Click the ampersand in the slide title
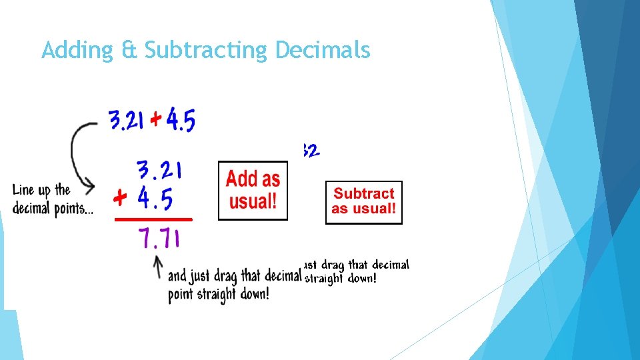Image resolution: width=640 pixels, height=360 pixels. [129, 51]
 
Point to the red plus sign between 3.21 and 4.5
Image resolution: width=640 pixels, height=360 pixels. [155, 121]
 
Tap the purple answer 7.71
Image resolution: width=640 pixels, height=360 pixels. [159, 238]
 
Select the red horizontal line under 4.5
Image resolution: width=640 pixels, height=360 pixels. [153, 219]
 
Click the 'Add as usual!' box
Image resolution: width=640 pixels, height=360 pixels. [253, 190]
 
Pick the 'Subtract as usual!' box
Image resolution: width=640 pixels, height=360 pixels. [364, 202]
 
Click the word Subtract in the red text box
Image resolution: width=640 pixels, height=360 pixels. [364, 194]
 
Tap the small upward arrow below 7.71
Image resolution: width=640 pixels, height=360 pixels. [158, 268]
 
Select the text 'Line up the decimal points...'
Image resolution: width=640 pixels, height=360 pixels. [52, 199]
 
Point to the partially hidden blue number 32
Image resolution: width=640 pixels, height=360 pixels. [311, 151]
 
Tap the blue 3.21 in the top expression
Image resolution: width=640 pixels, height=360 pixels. [127, 121]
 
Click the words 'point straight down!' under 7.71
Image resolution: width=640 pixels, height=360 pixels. [219, 294]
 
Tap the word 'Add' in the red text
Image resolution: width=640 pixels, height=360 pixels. [241, 179]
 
